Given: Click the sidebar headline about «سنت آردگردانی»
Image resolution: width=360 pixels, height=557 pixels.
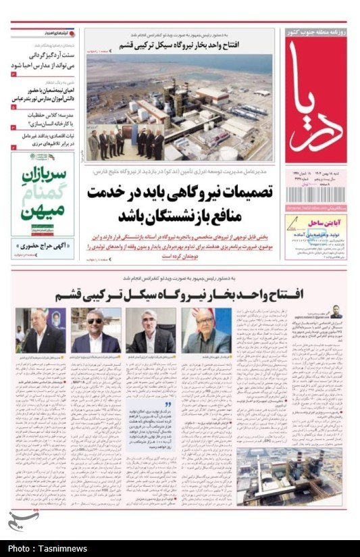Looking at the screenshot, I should click(44, 59).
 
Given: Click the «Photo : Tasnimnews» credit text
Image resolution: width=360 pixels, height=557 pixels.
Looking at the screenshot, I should click(47, 548).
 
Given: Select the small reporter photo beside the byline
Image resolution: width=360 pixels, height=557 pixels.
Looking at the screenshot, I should click(336, 314).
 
